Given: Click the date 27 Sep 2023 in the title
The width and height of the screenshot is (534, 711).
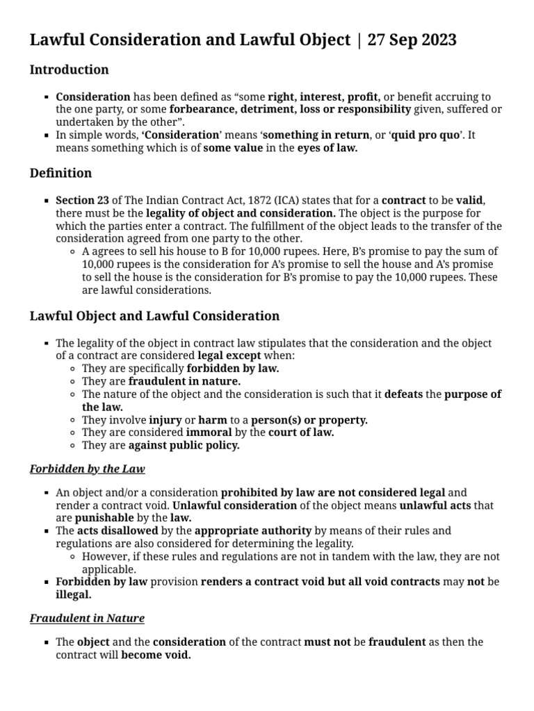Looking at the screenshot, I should pyautogui.click(x=412, y=40).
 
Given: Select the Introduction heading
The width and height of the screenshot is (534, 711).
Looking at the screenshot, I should pyautogui.click(x=69, y=70).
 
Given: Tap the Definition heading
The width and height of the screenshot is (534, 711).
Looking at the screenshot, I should pyautogui.click(x=60, y=172).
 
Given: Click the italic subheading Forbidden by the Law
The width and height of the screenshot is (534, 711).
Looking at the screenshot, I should pyautogui.click(x=87, y=469).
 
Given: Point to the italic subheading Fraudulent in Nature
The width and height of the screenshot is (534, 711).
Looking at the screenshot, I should pyautogui.click(x=87, y=617).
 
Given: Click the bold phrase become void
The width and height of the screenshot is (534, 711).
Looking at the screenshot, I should pyautogui.click(x=156, y=655).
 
